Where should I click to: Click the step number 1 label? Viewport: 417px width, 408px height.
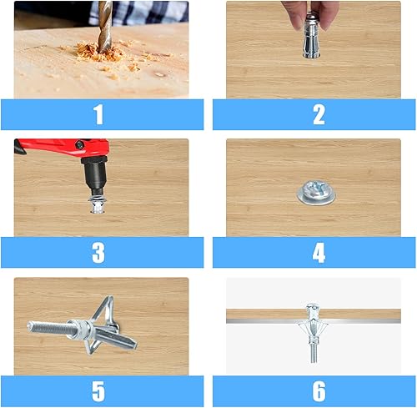[98, 114]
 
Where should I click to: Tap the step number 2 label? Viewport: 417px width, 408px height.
[319, 114]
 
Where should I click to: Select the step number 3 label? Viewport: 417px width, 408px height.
[98, 253]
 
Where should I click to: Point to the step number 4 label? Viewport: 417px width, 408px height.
[319, 253]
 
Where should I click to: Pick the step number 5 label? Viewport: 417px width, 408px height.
[98, 390]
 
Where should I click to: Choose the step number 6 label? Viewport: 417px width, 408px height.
[319, 390]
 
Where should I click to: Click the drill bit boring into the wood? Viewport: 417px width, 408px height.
[105, 27]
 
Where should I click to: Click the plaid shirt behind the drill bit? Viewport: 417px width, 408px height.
[139, 13]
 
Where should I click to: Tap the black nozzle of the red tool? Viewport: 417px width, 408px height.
[95, 175]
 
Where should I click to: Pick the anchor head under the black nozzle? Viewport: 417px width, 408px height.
[98, 204]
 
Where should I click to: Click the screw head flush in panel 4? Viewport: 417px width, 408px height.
[316, 193]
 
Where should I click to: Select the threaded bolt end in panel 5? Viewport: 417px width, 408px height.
[48, 328]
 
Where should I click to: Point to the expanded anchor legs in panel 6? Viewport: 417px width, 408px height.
[313, 331]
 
